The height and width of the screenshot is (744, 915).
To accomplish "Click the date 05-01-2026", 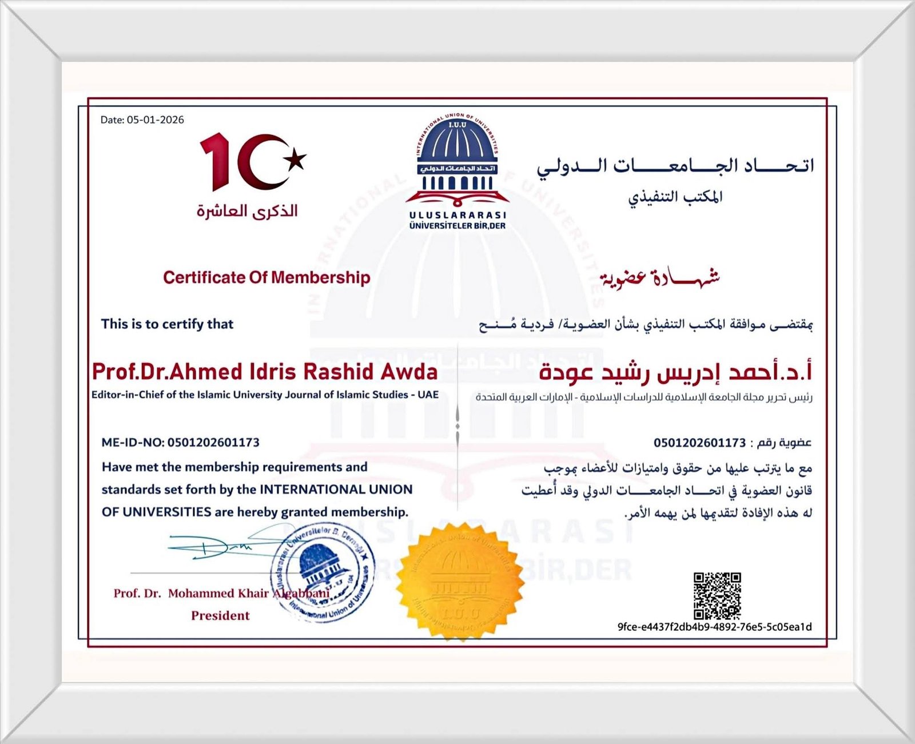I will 155,120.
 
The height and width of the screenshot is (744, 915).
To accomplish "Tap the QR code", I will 717,596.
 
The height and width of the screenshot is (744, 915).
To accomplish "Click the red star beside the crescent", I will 296,160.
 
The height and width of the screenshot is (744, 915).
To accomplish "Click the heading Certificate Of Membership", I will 266,278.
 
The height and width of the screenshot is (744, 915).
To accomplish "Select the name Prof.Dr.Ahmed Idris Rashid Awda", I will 265,372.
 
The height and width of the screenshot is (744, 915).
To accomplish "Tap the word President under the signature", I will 220,616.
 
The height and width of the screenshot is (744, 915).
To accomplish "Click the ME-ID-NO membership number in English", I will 180,443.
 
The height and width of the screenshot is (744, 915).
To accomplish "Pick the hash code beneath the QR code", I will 714,627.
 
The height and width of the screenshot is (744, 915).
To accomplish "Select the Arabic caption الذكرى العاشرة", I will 247,210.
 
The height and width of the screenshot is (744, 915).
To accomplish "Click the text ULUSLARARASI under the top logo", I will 457,216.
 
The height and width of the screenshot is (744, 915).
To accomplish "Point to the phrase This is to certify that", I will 167,324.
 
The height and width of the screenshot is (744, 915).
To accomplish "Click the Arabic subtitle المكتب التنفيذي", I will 675,197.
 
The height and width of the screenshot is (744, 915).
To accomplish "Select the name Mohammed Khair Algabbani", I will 248,593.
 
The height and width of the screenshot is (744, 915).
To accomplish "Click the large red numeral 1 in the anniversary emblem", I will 216,161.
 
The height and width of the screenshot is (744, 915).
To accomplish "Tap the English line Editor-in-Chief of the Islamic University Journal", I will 265,395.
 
